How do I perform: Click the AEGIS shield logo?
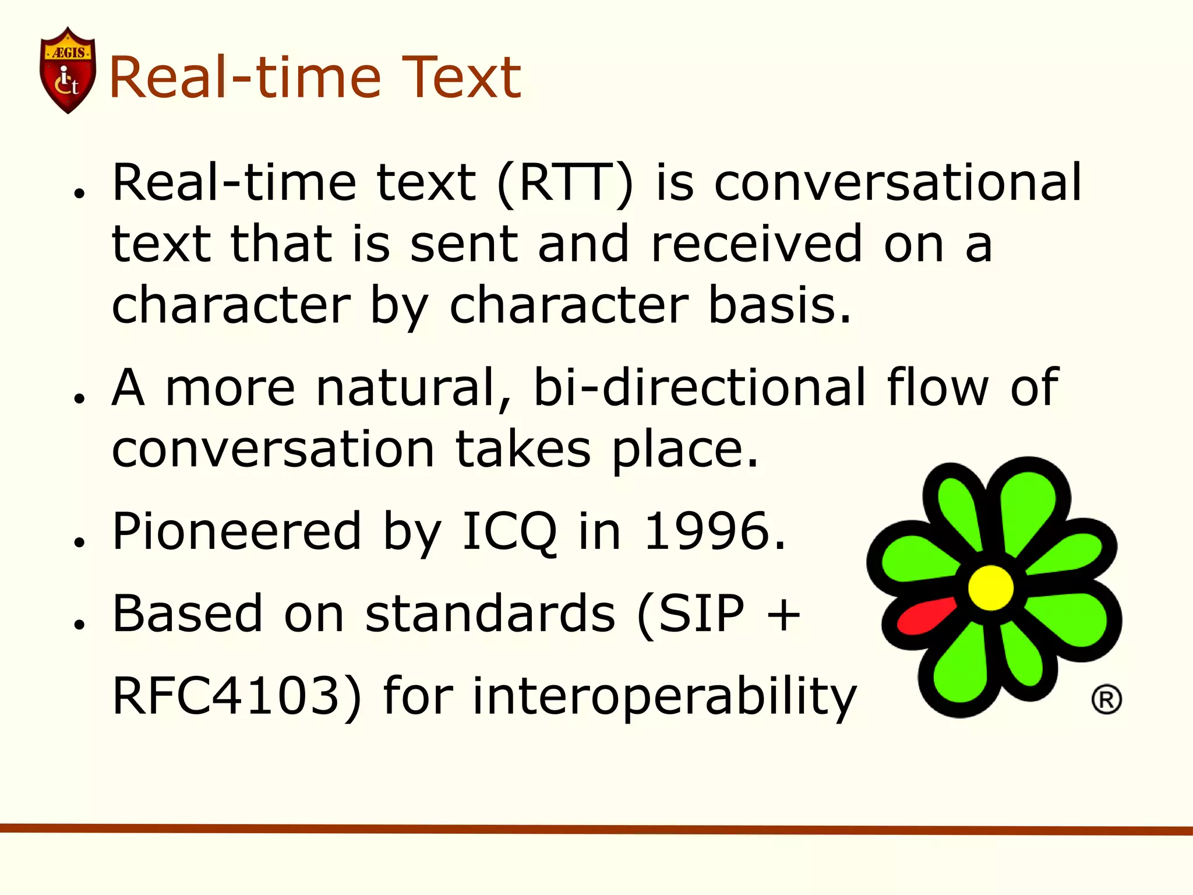(68, 70)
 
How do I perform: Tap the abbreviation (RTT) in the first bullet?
(564, 184)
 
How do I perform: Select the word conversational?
(897, 182)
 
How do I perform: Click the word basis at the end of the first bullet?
(779, 305)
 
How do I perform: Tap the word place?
(685, 450)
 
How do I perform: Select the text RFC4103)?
(237, 696)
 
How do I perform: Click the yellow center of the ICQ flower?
(991, 587)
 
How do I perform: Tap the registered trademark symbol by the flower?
(1106, 700)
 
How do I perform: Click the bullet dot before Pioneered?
(79, 542)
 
